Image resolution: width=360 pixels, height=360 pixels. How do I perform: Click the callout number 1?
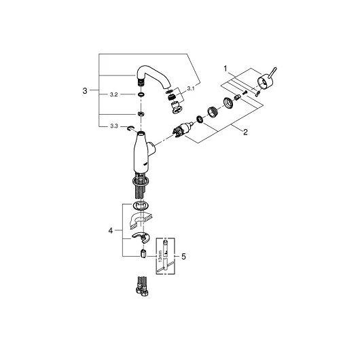click(x=226, y=69)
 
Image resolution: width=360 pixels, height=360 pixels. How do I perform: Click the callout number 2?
click(x=245, y=132)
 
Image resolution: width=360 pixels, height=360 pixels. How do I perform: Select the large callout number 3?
click(x=85, y=91)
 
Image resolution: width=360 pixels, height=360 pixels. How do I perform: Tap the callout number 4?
click(x=111, y=230)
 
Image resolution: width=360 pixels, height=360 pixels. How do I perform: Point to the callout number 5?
click(x=183, y=257)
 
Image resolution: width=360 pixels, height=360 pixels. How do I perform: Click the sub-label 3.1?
click(x=191, y=88)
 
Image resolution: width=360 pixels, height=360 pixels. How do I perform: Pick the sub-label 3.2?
click(x=113, y=94)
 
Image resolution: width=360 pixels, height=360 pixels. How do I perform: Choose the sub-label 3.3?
click(x=114, y=126)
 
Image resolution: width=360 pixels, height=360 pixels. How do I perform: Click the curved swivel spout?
click(x=154, y=77)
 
